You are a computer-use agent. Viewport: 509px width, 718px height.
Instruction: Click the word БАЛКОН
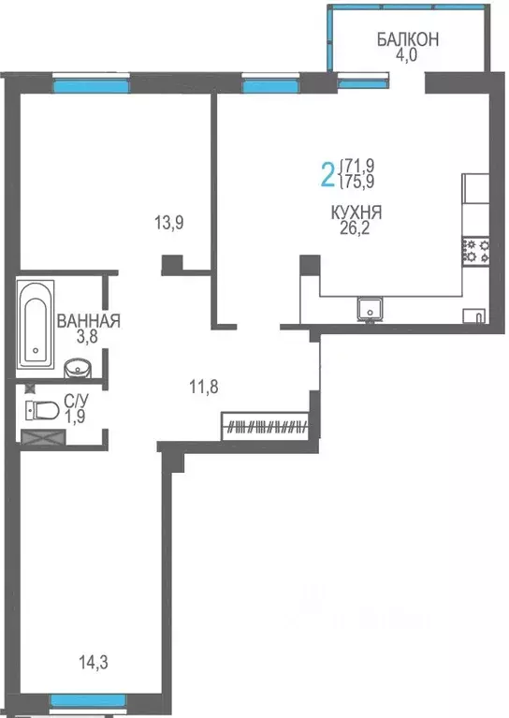point(407,39)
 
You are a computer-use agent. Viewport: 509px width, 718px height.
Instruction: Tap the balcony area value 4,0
point(407,54)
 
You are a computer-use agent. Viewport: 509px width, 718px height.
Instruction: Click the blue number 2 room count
point(327,173)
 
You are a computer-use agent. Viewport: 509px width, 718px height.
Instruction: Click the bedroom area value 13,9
point(168,223)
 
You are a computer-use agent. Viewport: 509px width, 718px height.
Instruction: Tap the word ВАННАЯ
point(88,321)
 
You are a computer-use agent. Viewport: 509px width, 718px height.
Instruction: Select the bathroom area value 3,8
point(88,338)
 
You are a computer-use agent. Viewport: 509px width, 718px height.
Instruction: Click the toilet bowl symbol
point(42,409)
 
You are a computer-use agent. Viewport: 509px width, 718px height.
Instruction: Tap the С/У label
point(76,403)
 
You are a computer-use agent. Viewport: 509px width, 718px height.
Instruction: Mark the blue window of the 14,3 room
point(88,700)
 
